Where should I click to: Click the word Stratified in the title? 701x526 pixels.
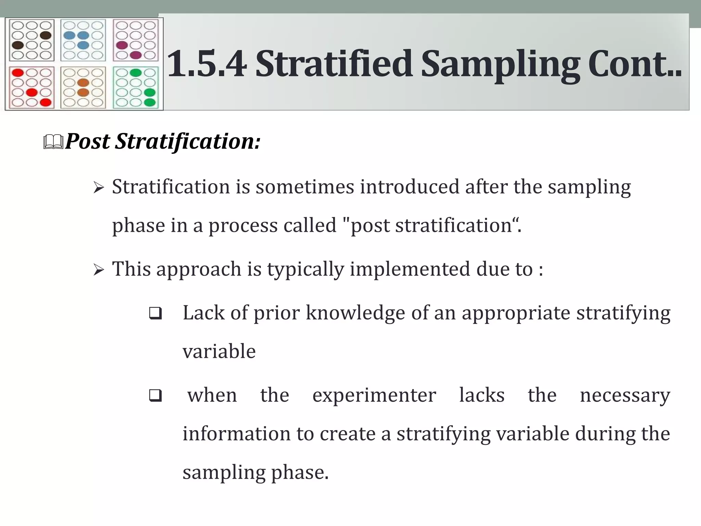[x=334, y=64]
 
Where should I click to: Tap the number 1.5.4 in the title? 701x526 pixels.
[x=207, y=64]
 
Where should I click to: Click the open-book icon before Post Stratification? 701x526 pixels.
[x=53, y=142]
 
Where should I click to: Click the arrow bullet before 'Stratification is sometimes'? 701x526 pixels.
[x=98, y=188]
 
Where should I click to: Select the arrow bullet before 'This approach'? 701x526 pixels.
[x=98, y=270]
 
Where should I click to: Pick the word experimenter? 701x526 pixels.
[x=374, y=396]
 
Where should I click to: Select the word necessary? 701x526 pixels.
[x=625, y=396]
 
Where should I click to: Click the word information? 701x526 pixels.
[x=236, y=434]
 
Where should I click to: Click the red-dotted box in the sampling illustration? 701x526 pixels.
[x=31, y=88]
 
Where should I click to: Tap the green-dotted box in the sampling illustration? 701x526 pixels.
[x=136, y=88]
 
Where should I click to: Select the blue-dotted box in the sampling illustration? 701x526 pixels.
[x=83, y=40]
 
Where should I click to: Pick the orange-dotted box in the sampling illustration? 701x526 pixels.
[x=83, y=88]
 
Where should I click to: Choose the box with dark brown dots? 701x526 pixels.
[x=31, y=40]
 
